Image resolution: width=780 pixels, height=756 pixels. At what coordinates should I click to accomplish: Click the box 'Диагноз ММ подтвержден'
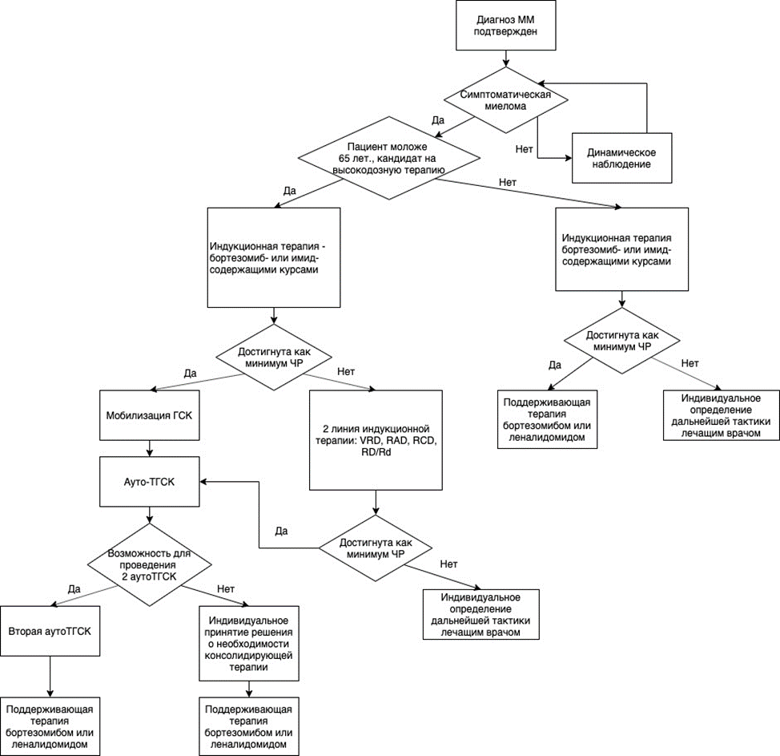(506, 26)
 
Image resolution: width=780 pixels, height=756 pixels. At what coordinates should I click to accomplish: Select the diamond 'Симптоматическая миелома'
(506, 100)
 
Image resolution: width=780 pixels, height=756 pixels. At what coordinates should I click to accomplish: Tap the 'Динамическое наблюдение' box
(621, 158)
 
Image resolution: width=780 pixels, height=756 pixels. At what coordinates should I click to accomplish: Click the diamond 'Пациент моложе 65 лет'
(389, 159)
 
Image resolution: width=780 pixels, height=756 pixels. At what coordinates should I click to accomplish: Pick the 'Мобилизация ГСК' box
(149, 414)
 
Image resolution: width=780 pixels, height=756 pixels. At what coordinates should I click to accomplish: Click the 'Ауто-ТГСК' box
(149, 482)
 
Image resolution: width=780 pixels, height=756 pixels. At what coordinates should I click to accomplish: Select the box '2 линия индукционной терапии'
(376, 440)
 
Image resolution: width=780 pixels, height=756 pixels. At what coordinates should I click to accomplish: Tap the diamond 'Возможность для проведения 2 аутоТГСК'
(149, 564)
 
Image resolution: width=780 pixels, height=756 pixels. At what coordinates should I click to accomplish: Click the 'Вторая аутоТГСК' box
(50, 631)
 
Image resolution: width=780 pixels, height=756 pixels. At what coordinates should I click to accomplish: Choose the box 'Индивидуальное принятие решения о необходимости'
(249, 644)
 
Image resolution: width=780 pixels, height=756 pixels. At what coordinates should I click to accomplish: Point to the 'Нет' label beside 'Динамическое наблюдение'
(525, 149)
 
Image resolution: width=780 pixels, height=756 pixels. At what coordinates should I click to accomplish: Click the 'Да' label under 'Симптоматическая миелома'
(438, 120)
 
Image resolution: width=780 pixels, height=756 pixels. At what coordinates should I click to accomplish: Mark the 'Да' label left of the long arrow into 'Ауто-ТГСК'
(281, 531)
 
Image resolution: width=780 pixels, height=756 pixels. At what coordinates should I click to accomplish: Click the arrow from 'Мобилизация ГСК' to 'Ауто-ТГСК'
(149, 448)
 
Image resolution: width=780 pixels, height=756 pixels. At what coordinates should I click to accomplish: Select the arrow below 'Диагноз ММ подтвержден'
(506, 59)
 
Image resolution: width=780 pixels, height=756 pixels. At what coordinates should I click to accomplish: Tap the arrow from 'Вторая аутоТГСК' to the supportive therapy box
(50, 677)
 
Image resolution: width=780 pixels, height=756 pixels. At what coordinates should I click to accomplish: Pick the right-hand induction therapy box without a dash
(621, 249)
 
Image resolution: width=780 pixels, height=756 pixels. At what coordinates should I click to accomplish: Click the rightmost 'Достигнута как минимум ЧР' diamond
(621, 341)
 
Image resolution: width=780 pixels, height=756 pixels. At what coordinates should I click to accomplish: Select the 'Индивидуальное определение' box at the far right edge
(722, 415)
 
